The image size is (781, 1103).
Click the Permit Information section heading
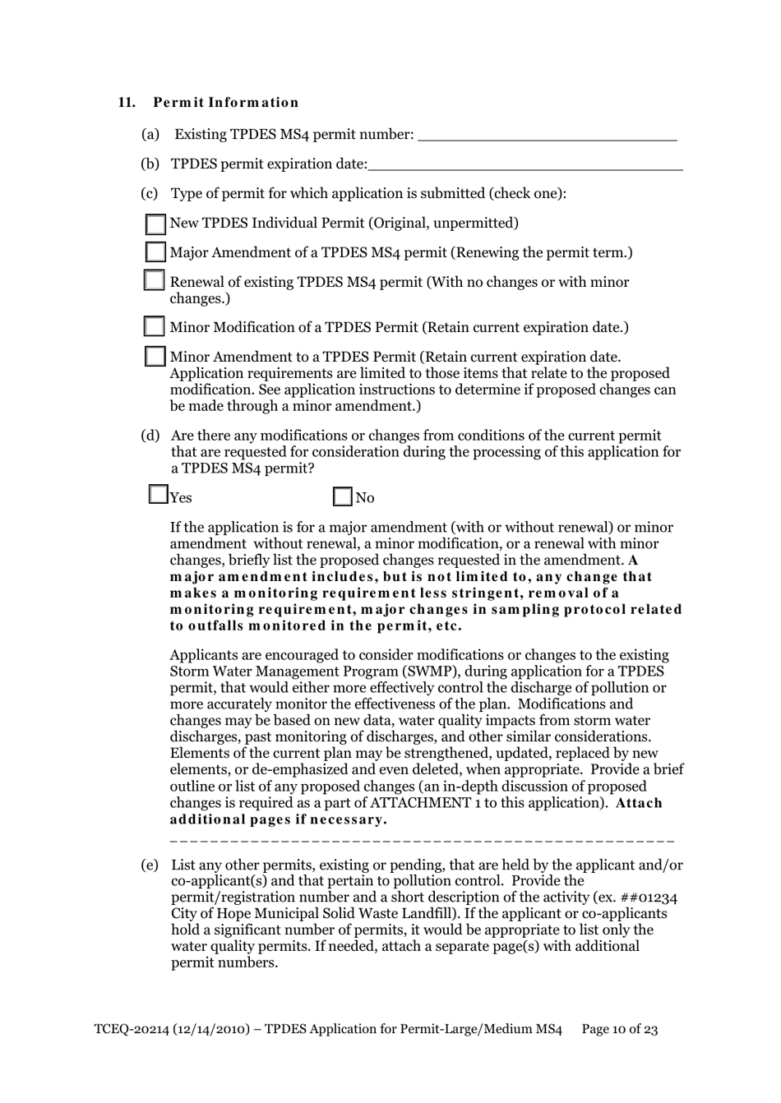pos(225,103)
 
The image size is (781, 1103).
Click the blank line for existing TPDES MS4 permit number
pos(548,136)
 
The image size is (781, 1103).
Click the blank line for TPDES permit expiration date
pos(525,165)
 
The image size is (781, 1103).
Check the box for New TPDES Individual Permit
pos(155,224)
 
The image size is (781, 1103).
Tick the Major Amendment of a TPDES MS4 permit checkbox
pos(155,252)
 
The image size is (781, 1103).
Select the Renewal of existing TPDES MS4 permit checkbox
pos(155,280)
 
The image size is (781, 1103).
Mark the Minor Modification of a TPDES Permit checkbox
pos(155,327)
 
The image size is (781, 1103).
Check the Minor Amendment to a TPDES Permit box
pos(155,357)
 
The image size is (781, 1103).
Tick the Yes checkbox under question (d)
pos(158,495)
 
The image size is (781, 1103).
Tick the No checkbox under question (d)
pos(343,497)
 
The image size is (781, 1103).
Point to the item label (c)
pos(150,194)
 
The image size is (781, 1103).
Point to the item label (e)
pos(150,865)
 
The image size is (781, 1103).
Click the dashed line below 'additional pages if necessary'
pos(422,841)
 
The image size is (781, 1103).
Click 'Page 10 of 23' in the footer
pos(620,1029)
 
